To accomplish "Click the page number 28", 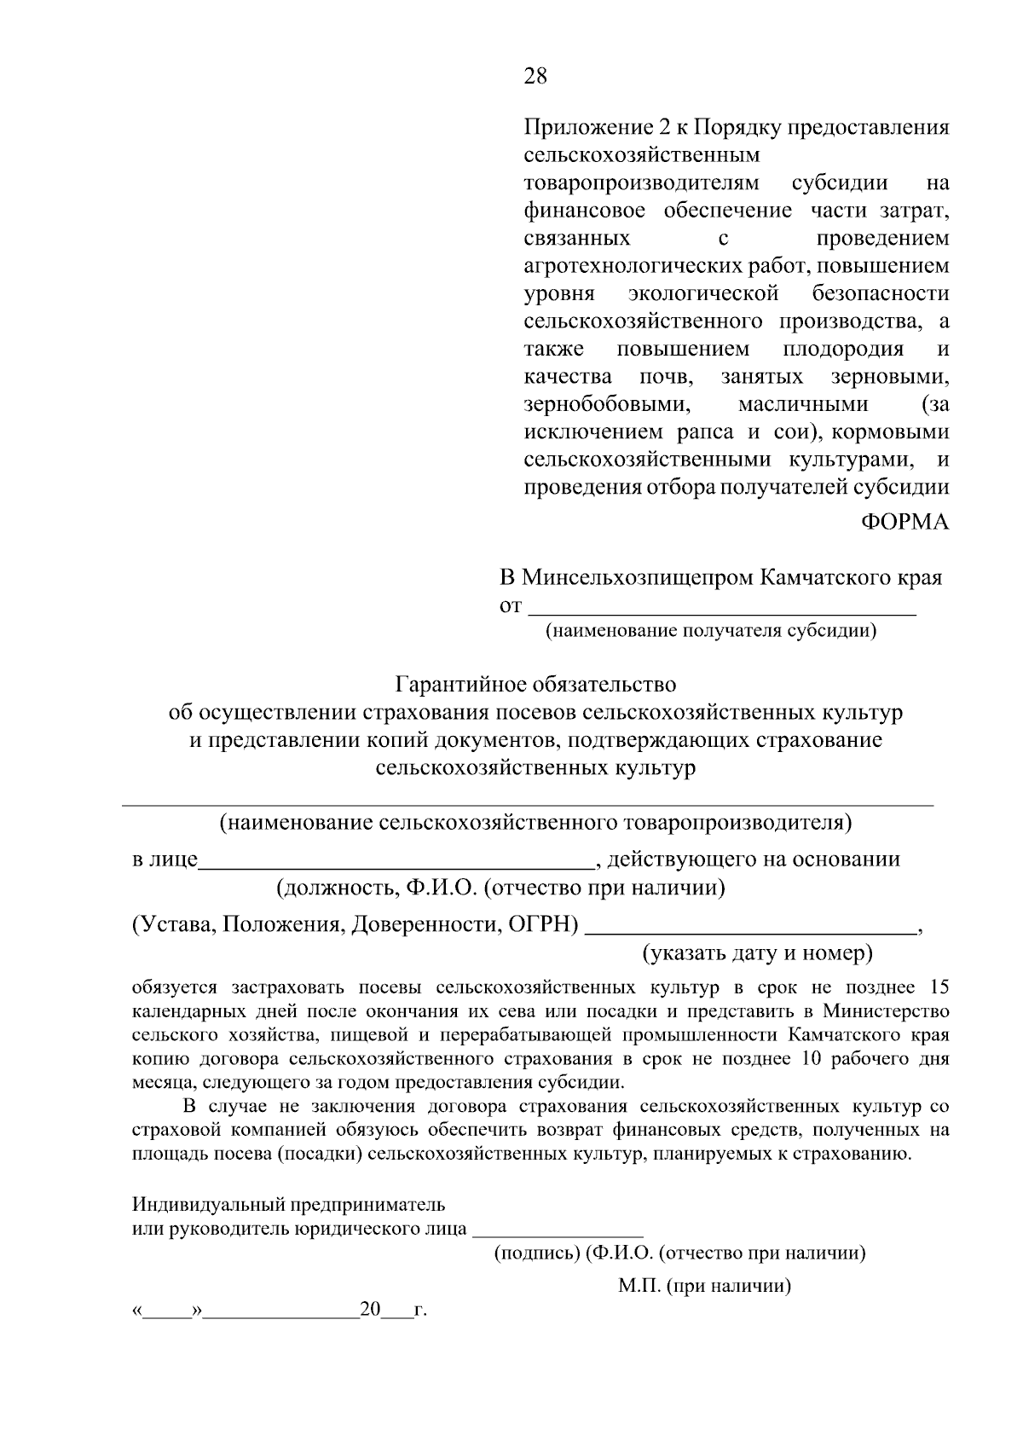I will pyautogui.click(x=535, y=77).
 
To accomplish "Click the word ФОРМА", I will pyautogui.click(x=905, y=522).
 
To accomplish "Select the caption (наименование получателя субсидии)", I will pyautogui.click(x=711, y=631).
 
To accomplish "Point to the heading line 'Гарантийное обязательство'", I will pyautogui.click(x=535, y=685).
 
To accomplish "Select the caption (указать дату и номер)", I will pyautogui.click(x=757, y=952).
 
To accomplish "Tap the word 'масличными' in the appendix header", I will pyautogui.click(x=803, y=404).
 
